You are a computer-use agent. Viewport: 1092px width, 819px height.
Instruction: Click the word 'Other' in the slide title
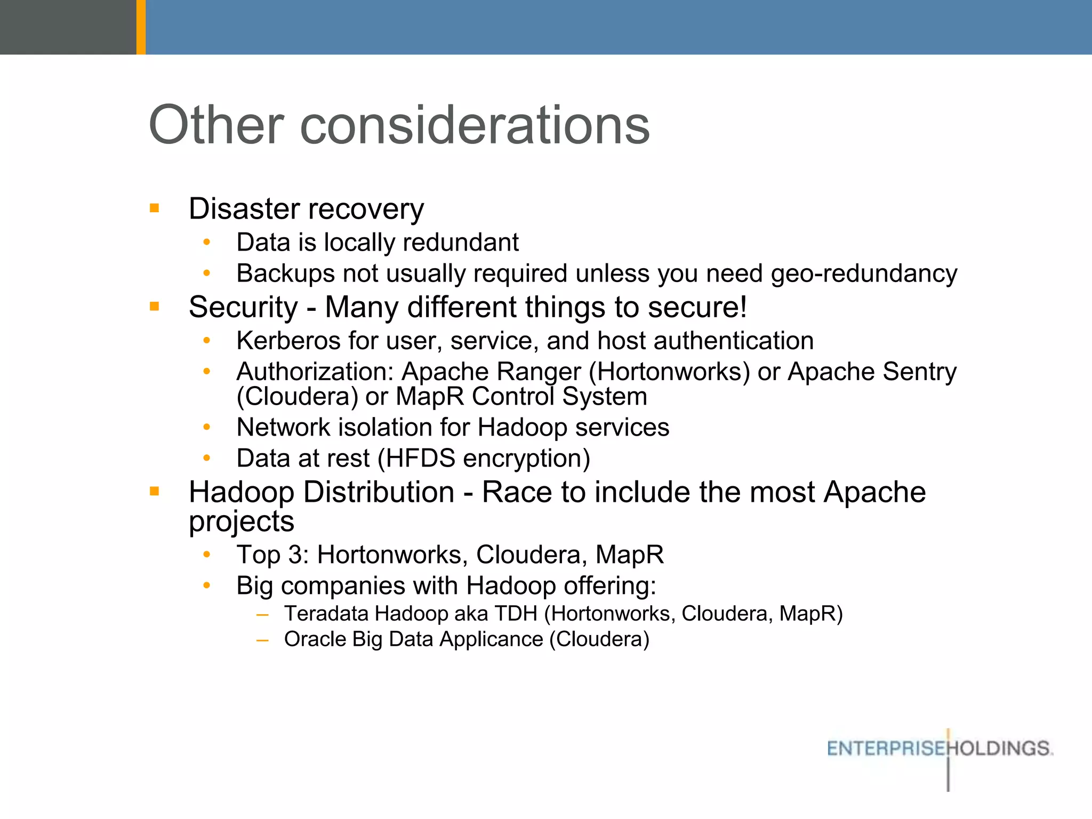coord(216,125)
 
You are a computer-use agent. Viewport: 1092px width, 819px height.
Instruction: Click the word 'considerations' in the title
coord(475,125)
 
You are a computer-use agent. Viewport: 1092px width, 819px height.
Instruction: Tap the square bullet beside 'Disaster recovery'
coord(155,208)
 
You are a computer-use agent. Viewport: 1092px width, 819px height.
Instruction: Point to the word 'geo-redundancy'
coord(864,274)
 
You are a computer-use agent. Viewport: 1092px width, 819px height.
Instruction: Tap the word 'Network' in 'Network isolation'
coord(283,428)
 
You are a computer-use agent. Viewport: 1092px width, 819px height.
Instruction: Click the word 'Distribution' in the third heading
coord(379,492)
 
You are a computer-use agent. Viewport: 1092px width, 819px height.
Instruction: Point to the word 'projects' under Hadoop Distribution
coord(242,521)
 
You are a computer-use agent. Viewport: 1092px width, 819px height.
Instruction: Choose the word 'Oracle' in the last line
coord(315,639)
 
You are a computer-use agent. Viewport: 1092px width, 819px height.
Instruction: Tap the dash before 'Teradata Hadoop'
coord(262,615)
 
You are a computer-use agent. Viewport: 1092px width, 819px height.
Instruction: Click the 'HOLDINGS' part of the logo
coord(1001,749)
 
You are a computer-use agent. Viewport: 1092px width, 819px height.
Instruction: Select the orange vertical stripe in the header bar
coord(141,27)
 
